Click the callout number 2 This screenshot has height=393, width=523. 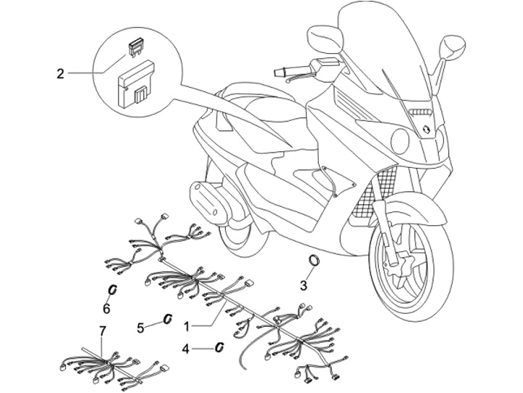[x=60, y=73]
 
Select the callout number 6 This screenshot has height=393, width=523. [x=106, y=309]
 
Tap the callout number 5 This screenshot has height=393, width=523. [x=142, y=328]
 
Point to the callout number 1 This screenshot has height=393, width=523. [x=187, y=327]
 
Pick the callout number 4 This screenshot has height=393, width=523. [x=186, y=349]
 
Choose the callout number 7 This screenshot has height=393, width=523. [x=102, y=331]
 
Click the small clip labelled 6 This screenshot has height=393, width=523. [x=113, y=290]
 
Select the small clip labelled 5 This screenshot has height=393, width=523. [x=166, y=319]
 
